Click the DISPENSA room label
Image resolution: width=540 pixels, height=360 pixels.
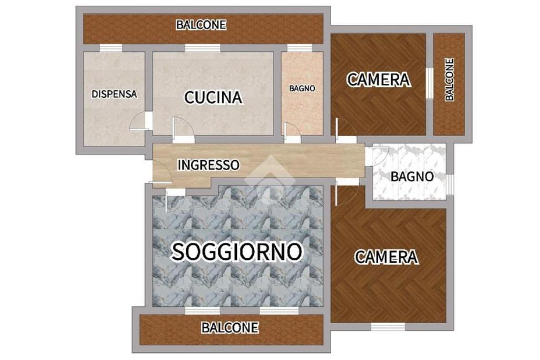coord(114,94)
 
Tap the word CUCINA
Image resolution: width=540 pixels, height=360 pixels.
coord(213,98)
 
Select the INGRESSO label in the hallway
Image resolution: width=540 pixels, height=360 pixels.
coord(208,165)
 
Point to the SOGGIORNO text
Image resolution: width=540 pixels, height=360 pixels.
coord(237,251)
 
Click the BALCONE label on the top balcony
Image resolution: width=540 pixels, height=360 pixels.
coord(201,25)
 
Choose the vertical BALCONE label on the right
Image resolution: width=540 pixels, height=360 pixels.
coord(449,80)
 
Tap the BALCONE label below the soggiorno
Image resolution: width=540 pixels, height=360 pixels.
coord(230,327)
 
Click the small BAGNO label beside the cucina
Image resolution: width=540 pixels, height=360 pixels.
coord(302,89)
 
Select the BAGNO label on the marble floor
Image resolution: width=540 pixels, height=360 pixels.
coord(412,177)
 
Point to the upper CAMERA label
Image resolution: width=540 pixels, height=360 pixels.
coord(379,80)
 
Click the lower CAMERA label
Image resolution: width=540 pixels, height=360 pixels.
coord(387,257)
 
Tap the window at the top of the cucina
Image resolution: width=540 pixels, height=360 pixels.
coord(202,48)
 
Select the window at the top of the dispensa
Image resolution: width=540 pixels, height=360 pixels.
coord(111,48)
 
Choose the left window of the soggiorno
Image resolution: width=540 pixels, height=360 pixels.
coord(202,311)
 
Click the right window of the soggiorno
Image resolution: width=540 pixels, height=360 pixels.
coord(279,311)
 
